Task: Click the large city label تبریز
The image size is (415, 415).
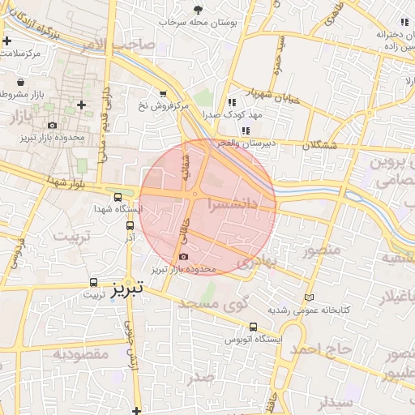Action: (126, 287)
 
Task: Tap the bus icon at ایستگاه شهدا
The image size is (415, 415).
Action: (118, 197)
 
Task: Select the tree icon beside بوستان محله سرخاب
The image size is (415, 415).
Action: (199, 10)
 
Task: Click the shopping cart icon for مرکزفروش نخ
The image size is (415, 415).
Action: (163, 94)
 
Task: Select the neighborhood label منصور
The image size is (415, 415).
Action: (321, 250)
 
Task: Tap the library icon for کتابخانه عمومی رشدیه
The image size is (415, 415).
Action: (308, 297)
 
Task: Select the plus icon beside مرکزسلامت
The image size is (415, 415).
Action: (7, 40)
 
